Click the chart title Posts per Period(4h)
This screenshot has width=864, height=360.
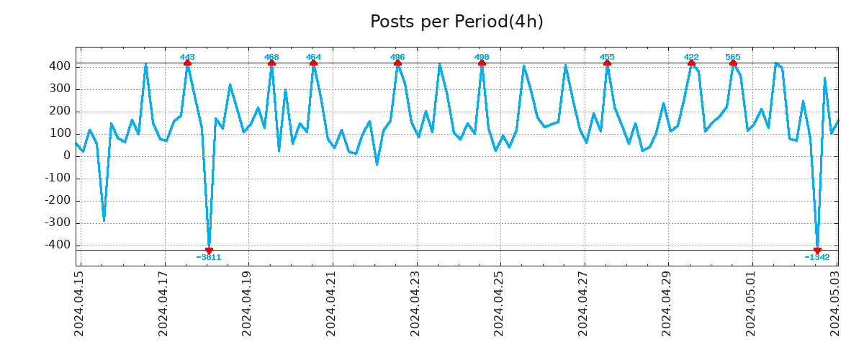(456, 22)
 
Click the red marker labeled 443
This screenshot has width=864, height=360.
(187, 63)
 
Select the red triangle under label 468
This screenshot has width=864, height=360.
(271, 63)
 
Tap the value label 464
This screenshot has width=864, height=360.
(313, 57)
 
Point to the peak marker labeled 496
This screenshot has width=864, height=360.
(397, 63)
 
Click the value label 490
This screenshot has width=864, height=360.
(482, 57)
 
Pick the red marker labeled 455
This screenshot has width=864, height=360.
(607, 63)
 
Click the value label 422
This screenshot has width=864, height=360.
(691, 57)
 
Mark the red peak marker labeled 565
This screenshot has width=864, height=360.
(733, 63)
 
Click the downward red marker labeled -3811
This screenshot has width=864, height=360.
(209, 251)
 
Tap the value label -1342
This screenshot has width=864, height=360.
(817, 257)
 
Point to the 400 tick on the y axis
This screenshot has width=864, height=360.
(60, 66)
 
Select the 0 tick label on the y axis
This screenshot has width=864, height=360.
(67, 156)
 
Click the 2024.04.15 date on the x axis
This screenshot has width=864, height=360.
(80, 302)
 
